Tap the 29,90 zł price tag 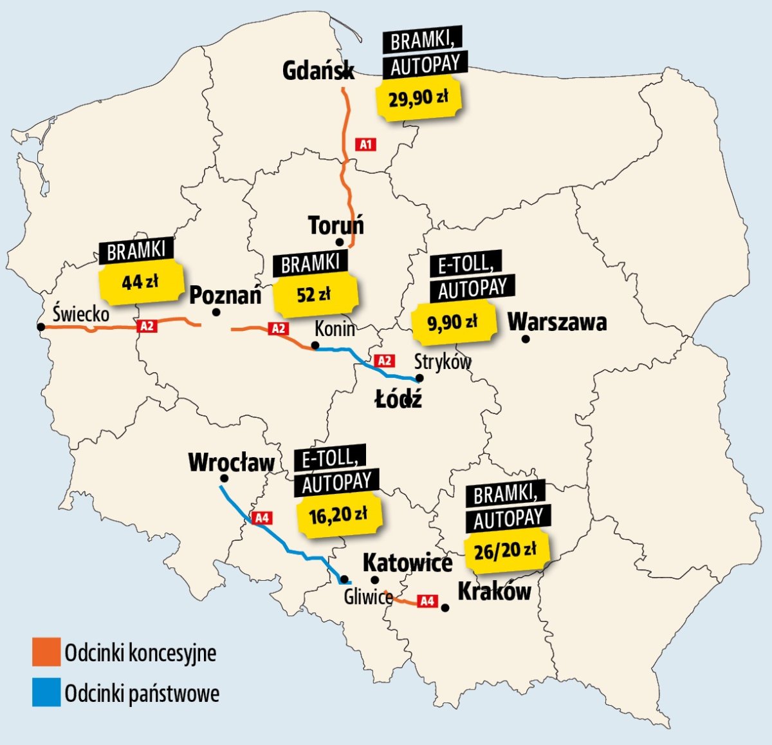419,99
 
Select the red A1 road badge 366,144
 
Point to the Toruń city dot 339,242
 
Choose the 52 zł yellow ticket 314,295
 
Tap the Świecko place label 81,314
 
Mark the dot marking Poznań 216,312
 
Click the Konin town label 335,329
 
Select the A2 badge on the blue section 385,361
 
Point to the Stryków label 443,362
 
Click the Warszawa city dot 526,339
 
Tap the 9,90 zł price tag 453,322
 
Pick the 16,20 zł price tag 338,514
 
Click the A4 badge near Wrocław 262,518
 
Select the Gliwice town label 368,597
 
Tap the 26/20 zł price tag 505,551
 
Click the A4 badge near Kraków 427,601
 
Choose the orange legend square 46,652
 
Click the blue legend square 46,693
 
